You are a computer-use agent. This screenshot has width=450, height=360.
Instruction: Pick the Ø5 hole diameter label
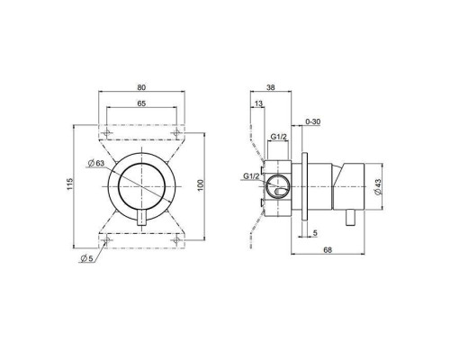(x=86, y=259)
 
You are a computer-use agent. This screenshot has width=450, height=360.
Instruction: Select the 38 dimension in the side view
(x=271, y=89)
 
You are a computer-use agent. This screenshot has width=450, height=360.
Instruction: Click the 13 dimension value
(x=259, y=104)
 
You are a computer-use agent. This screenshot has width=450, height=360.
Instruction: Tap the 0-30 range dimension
(x=315, y=121)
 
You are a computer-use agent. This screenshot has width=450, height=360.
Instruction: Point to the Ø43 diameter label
(x=378, y=184)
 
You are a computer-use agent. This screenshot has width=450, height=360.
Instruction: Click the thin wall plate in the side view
(x=308, y=184)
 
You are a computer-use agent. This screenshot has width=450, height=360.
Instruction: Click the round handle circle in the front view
(x=143, y=184)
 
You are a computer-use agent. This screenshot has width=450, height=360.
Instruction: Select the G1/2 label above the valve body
(x=279, y=136)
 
